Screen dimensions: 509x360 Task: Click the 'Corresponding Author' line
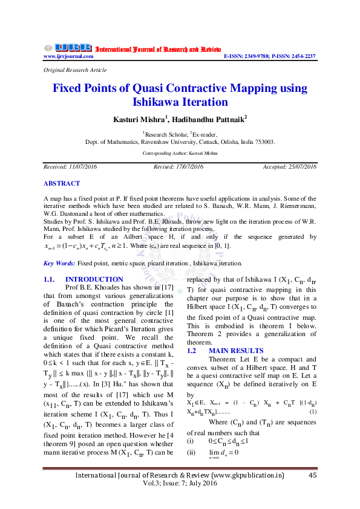click(x=180, y=154)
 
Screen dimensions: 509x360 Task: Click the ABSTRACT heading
click(x=61, y=183)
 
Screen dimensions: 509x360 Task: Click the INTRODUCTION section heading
click(x=94, y=280)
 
